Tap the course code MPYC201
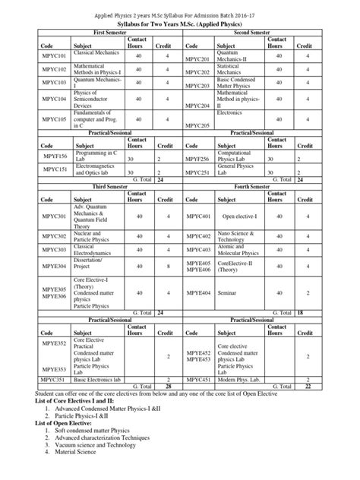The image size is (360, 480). click(197, 58)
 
